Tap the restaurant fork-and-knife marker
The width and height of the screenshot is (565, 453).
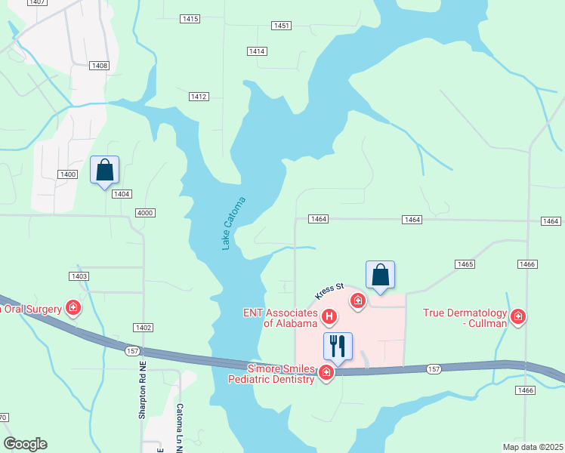(x=338, y=347)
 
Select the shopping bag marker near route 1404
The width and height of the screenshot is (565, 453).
(x=104, y=170)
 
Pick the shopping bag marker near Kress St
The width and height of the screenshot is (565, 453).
(x=380, y=275)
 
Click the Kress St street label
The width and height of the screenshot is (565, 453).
(x=329, y=290)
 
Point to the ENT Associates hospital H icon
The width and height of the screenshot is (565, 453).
(x=329, y=316)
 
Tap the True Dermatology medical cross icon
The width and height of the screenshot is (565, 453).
(x=518, y=316)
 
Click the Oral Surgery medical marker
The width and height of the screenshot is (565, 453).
(x=73, y=307)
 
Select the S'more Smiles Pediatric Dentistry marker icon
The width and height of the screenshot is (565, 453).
(x=326, y=372)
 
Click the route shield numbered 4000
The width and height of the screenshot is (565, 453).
(x=145, y=213)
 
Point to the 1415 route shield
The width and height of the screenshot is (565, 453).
(x=190, y=18)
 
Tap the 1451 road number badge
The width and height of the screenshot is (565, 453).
(x=282, y=26)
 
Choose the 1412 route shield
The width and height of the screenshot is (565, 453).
(x=199, y=97)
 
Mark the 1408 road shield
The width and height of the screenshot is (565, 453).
(x=100, y=66)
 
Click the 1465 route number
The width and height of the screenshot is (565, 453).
(x=465, y=263)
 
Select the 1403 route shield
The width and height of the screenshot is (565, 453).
(x=79, y=276)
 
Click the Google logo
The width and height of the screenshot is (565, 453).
(x=25, y=444)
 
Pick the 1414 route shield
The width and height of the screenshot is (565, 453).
(x=257, y=51)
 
